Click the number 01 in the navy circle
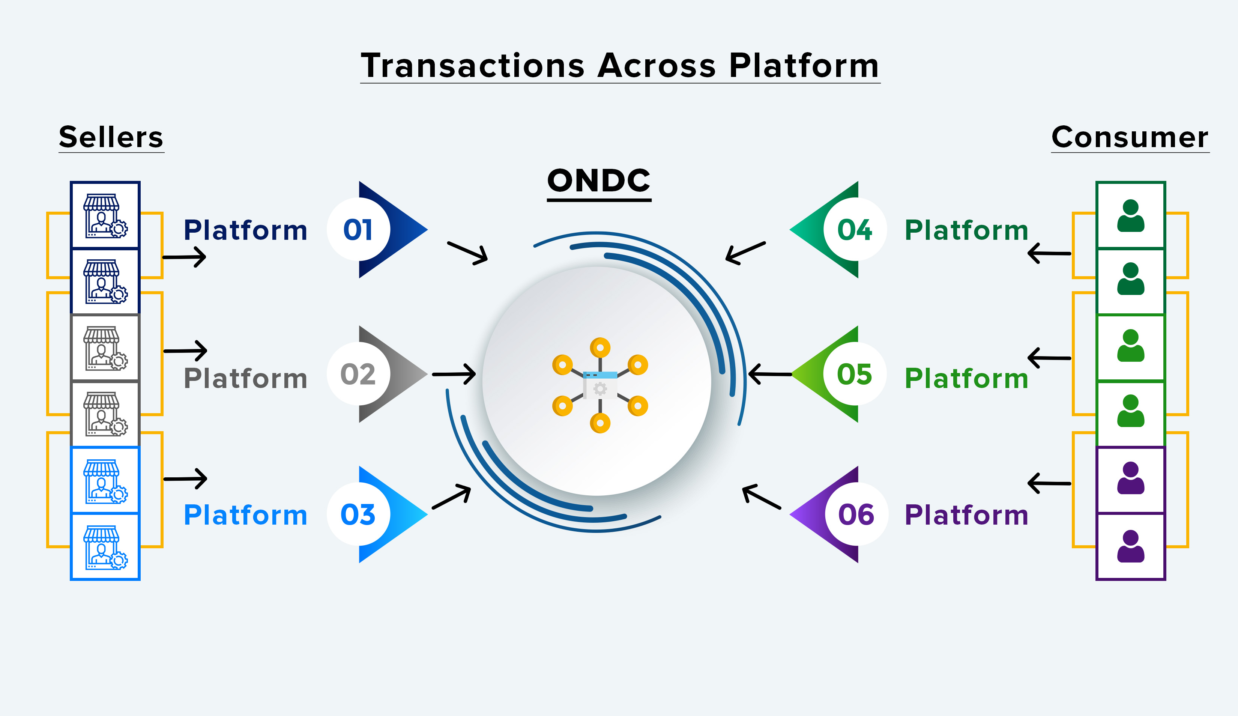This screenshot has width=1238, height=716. (x=358, y=230)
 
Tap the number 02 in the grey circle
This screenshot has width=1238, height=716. (x=358, y=374)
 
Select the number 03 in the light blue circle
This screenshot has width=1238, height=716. (x=358, y=514)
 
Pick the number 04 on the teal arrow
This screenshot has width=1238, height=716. (x=855, y=230)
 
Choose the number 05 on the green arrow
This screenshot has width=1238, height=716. (x=855, y=374)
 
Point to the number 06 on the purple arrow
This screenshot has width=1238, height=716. (x=856, y=514)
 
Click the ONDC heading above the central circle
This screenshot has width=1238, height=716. (x=599, y=181)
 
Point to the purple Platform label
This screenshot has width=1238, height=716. (x=966, y=515)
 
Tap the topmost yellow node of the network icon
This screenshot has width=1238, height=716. (x=600, y=347)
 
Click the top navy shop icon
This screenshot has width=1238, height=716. (x=105, y=215)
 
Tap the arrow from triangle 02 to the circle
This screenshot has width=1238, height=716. (x=454, y=374)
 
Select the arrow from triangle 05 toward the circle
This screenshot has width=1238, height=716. (x=770, y=374)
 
